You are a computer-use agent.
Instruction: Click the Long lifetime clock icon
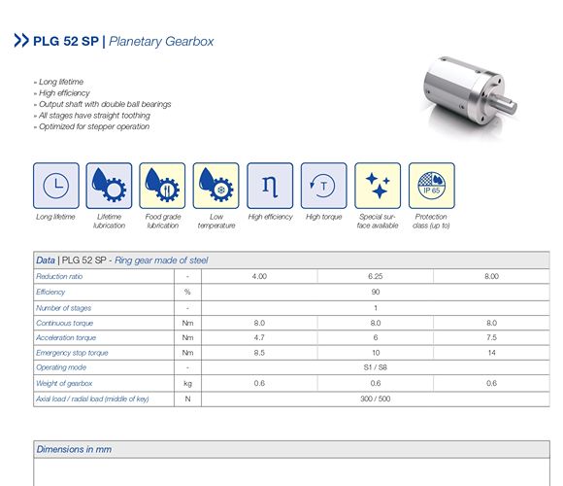point(56,185)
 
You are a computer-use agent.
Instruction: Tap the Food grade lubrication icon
point(162,185)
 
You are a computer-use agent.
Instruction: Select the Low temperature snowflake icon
point(215,185)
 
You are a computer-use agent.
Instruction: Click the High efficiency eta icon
point(270,185)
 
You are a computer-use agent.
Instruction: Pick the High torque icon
point(323,185)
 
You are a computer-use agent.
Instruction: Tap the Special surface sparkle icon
point(378,185)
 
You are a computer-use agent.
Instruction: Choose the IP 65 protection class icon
point(431,185)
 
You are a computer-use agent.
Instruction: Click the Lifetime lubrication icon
point(109,185)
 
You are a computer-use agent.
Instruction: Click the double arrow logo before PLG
point(20,42)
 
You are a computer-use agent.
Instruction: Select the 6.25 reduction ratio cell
point(375,276)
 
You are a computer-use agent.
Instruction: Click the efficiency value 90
point(375,292)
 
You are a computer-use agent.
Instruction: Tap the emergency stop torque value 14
point(491,353)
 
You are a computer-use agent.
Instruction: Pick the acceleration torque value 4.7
point(259,337)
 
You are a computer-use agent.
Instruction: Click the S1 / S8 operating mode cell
point(375,367)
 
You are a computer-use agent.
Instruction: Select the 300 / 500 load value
point(375,399)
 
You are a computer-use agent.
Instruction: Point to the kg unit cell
point(186,383)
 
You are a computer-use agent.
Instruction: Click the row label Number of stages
point(64,307)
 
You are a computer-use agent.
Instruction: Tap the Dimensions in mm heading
point(74,449)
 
